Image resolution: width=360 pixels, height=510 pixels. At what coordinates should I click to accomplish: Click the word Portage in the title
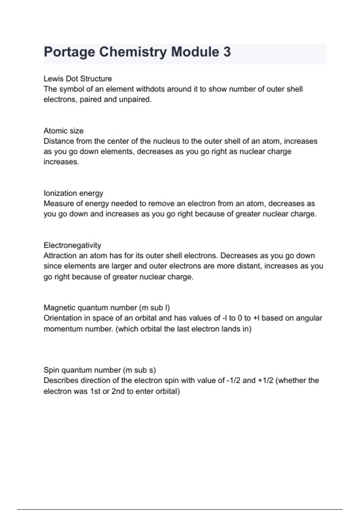pos(69,52)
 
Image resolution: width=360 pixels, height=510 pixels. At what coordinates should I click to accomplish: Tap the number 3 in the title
pos(227,52)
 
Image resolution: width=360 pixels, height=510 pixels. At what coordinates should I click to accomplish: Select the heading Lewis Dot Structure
pos(78,79)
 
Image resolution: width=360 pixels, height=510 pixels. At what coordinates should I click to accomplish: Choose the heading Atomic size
pos(64,131)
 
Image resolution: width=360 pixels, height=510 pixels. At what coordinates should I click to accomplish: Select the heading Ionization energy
pos(73,193)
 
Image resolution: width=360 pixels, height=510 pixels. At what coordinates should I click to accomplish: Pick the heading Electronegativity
pos(72,245)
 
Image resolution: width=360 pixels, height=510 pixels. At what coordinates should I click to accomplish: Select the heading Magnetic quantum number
pos(106,308)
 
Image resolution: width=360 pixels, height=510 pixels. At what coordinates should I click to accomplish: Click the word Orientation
pos(62,318)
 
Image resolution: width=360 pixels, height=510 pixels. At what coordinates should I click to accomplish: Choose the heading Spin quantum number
pos(100,370)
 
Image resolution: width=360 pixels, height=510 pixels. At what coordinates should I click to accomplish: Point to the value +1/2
pos(265,380)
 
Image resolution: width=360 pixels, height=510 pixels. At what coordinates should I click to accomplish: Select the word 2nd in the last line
pos(118,391)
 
